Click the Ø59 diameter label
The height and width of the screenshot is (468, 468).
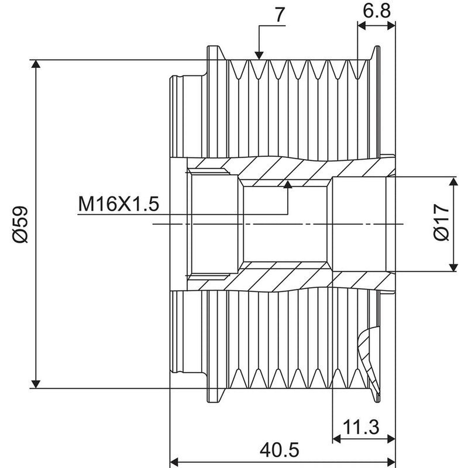pyautogui.click(x=20, y=224)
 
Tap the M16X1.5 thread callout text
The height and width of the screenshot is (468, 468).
pyautogui.click(x=119, y=204)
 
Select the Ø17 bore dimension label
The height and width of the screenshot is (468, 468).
pyautogui.click(x=442, y=222)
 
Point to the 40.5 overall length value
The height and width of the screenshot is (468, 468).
pyautogui.click(x=280, y=449)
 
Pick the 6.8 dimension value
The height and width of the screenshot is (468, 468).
pyautogui.click(x=377, y=11)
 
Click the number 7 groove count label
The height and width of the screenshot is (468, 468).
pyautogui.click(x=280, y=15)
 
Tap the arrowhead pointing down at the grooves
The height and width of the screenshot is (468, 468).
pyautogui.click(x=259, y=56)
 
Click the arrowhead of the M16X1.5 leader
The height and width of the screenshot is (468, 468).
pyautogui.click(x=288, y=184)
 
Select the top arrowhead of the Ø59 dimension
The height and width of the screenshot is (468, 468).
pyautogui.click(x=36, y=64)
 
